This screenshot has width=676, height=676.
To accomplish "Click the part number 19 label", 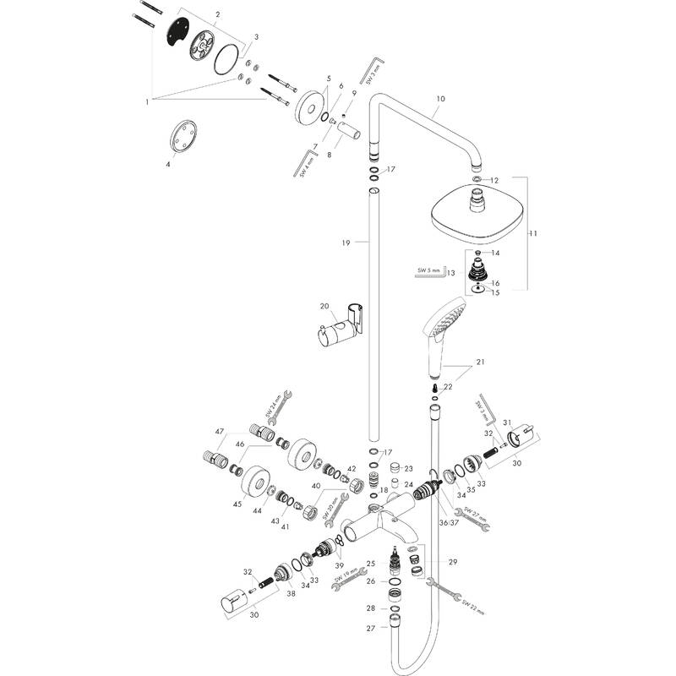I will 346,243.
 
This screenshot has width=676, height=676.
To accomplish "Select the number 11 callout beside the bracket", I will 533,234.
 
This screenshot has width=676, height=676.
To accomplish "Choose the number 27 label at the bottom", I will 370,628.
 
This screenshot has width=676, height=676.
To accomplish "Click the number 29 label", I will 452,562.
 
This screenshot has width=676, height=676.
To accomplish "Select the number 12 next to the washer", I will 495,180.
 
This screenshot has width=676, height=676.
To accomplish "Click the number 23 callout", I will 408,468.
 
